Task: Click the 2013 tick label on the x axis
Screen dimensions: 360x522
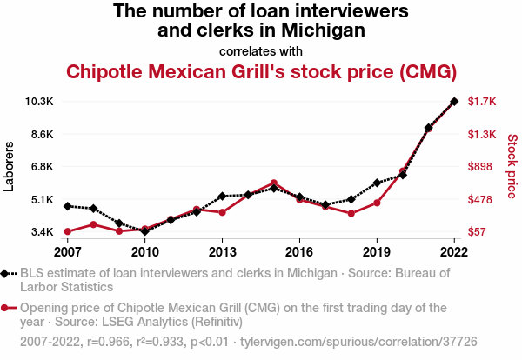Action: pyautogui.click(x=222, y=252)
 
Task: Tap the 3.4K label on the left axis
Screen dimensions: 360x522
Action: pyautogui.click(x=41, y=232)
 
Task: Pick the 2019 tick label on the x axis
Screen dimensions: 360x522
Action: pyautogui.click(x=377, y=252)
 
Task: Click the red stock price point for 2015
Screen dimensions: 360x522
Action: pyautogui.click(x=273, y=183)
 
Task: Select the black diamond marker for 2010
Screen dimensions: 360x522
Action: pyautogui.click(x=144, y=231)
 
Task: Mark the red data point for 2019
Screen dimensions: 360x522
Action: pyautogui.click(x=377, y=203)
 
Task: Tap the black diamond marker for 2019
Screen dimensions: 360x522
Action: pyautogui.click(x=377, y=183)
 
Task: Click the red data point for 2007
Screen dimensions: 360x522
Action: pyautogui.click(x=67, y=231)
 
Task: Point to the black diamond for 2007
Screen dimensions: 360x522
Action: pyautogui.click(x=67, y=206)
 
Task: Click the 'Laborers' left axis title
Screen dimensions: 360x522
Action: pyautogui.click(x=10, y=166)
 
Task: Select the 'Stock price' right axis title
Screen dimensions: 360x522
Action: pyautogui.click(x=512, y=166)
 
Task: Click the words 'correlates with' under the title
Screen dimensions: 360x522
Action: pyautogui.click(x=261, y=50)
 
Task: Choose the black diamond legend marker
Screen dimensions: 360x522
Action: pyautogui.click(x=8, y=273)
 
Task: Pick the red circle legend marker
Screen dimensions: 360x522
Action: pyautogui.click(x=8, y=308)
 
